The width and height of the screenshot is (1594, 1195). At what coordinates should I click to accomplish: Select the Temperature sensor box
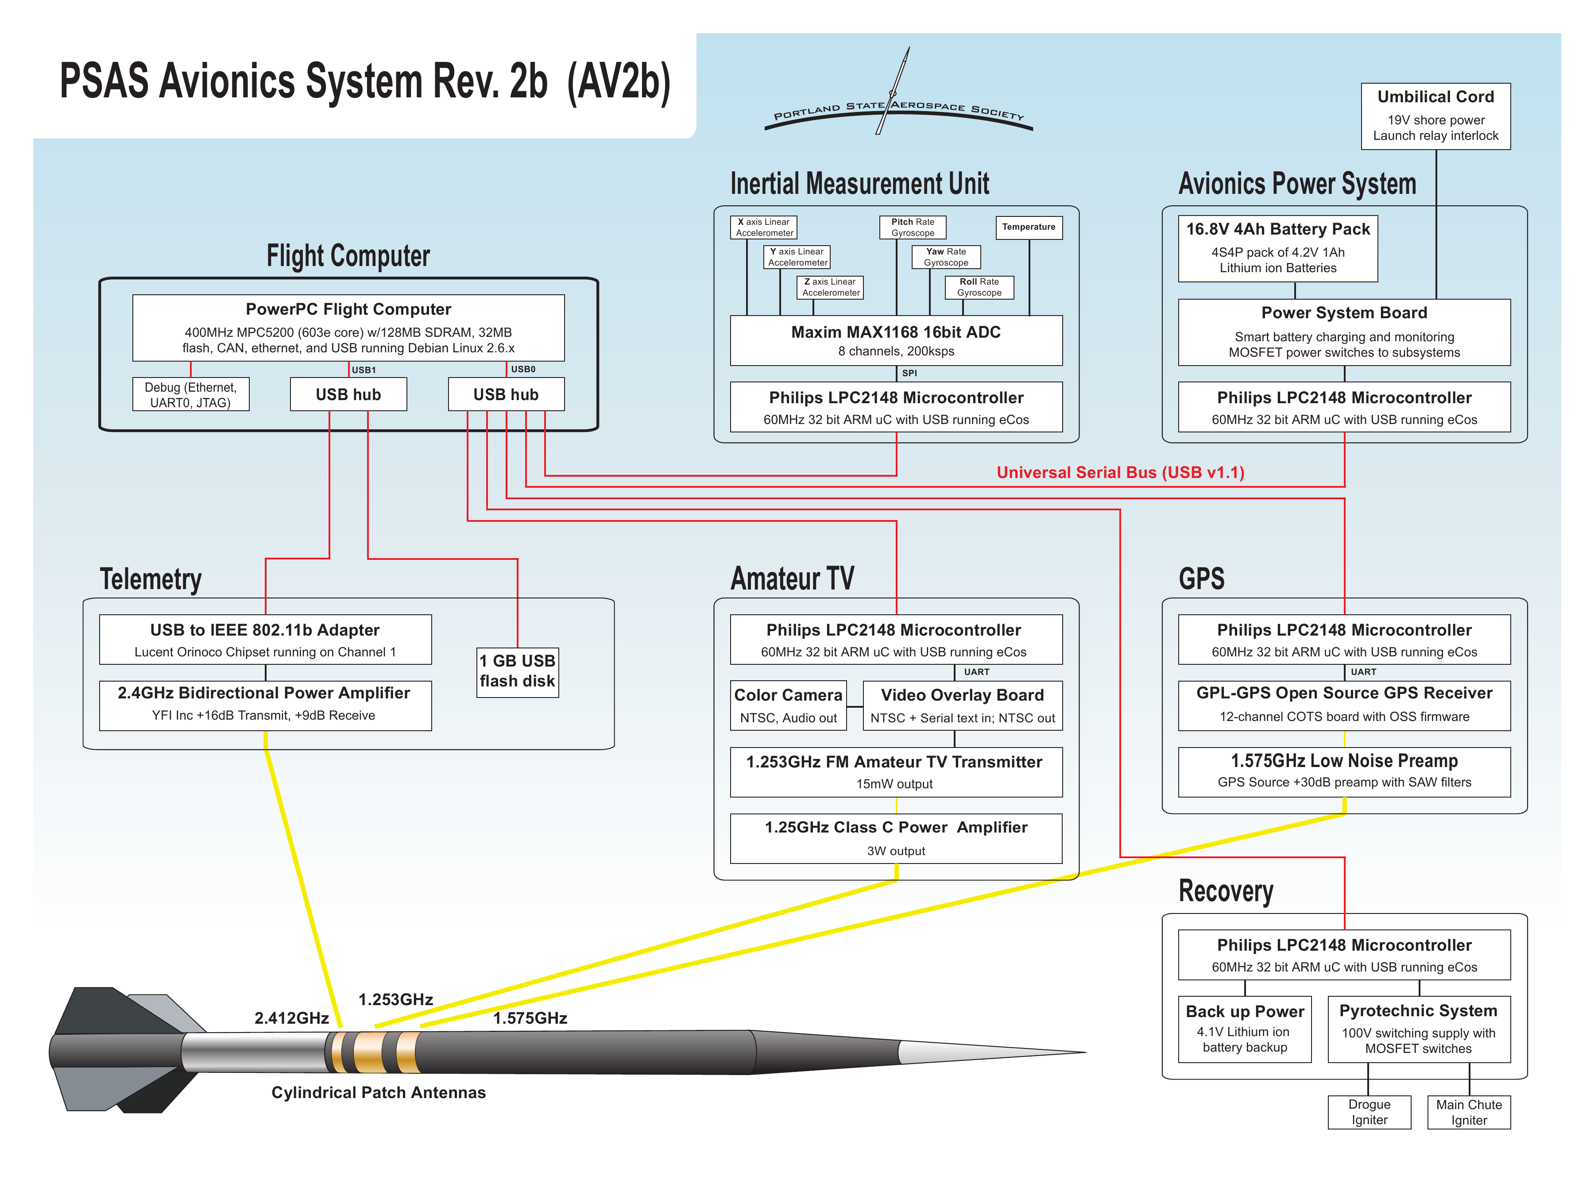(x=1028, y=227)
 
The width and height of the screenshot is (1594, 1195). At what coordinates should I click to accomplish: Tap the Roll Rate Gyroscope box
(x=979, y=287)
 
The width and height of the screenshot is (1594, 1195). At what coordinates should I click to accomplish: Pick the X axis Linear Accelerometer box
(x=763, y=227)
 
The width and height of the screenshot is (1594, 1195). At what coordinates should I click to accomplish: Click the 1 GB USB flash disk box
(x=518, y=671)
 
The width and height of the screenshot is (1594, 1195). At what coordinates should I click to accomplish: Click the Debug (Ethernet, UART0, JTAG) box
(x=190, y=395)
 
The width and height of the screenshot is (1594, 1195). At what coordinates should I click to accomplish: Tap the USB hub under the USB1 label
(x=348, y=395)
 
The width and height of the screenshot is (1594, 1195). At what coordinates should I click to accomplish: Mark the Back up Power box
(x=1245, y=1029)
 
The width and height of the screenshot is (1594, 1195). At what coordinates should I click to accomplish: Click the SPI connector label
(x=909, y=373)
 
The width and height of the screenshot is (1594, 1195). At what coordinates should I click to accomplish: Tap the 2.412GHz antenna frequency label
(x=291, y=1018)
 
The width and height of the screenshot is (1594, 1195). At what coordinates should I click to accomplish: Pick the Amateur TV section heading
(x=792, y=578)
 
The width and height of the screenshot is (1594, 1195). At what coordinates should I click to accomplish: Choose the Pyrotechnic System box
(x=1418, y=1029)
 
